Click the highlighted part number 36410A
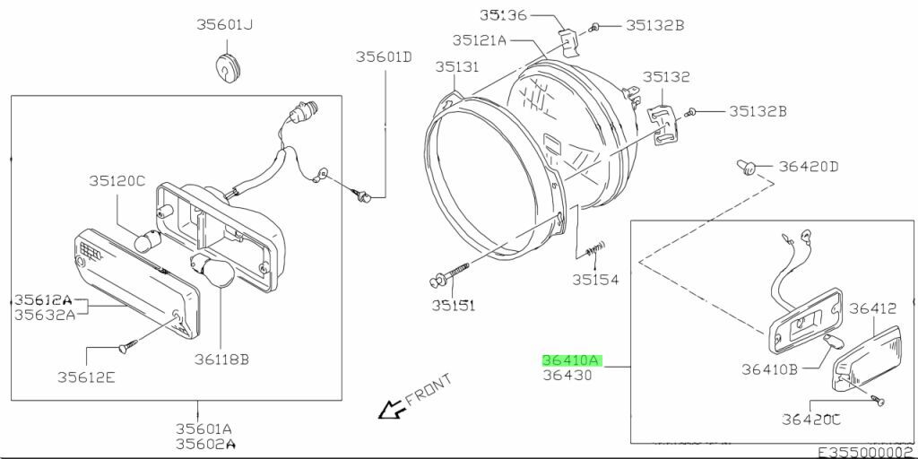tap(571, 360)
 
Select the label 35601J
tap(224, 25)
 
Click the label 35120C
tap(117, 180)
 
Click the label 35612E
tap(86, 377)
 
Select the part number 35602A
tap(204, 443)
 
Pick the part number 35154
tap(595, 279)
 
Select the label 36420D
tap(808, 166)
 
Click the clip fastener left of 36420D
tap(748, 165)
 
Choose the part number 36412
tap(872, 308)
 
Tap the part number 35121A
tap(480, 39)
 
